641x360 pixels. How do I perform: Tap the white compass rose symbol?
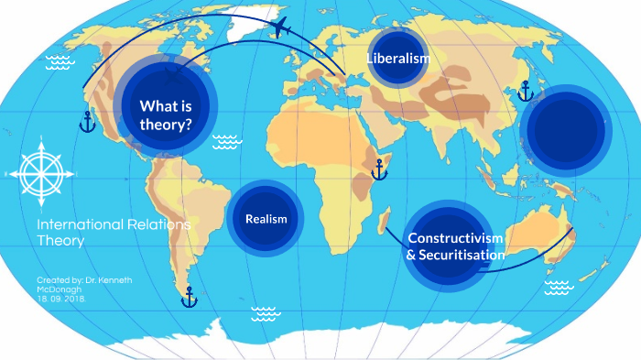point(38,169)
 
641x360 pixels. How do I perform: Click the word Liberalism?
point(398,59)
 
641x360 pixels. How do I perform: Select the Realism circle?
point(266,219)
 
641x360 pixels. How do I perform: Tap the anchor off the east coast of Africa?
point(378,169)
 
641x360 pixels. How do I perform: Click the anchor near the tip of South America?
point(189,297)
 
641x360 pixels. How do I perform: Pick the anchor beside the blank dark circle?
point(525,91)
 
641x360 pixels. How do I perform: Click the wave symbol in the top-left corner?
point(60,62)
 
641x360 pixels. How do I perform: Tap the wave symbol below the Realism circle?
point(265,314)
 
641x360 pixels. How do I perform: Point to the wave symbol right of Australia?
point(558,288)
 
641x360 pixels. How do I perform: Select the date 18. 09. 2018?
point(62,299)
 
